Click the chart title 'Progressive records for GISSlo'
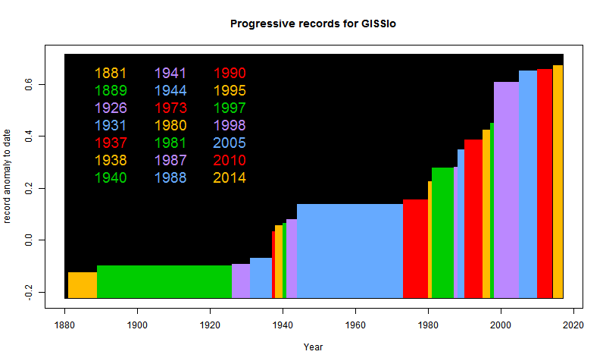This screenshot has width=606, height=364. click(x=313, y=24)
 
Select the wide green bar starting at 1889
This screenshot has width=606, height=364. click(x=164, y=281)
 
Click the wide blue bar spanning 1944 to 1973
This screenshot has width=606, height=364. click(x=350, y=251)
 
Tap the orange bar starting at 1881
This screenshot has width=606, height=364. click(x=83, y=285)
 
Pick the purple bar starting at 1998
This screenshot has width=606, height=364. click(x=506, y=190)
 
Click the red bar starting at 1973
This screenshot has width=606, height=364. click(x=415, y=249)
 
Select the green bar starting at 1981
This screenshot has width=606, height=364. click(x=442, y=233)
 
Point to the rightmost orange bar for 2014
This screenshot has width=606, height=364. click(x=558, y=182)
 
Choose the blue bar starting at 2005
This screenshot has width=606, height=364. click(x=528, y=184)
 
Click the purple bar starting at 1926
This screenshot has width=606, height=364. click(x=241, y=281)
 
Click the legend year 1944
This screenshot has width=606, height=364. click(x=170, y=90)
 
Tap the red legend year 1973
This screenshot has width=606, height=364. click(x=170, y=108)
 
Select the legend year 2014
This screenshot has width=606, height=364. click(x=230, y=178)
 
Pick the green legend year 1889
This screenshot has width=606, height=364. click(x=111, y=90)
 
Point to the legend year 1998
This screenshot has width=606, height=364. click(x=230, y=125)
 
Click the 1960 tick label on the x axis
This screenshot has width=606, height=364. click(x=355, y=325)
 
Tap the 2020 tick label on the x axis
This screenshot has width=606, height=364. click(x=573, y=325)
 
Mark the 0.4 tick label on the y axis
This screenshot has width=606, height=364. click(x=29, y=136)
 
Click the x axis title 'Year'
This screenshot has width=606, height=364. click(x=313, y=347)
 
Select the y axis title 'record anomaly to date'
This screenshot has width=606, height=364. click(x=7, y=177)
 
